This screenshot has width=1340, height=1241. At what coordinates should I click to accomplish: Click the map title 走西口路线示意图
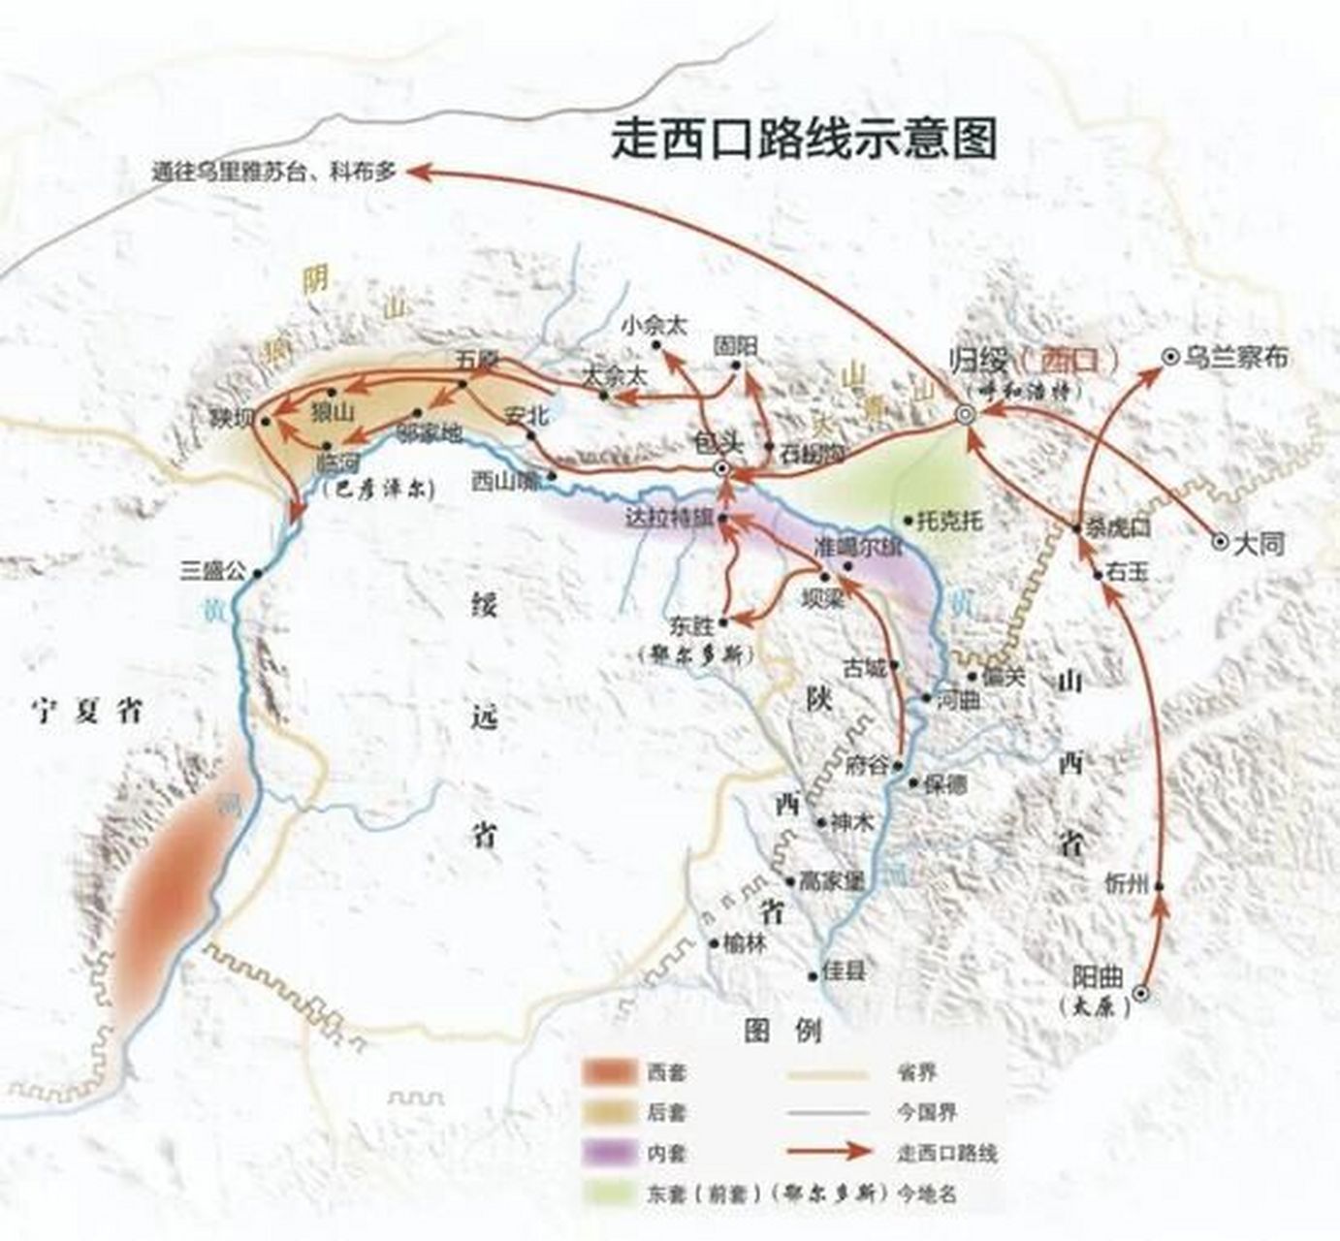pos(804,139)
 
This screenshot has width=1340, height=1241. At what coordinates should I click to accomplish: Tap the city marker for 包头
pos(721,469)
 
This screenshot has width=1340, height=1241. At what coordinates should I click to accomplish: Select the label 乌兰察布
pos(1236,357)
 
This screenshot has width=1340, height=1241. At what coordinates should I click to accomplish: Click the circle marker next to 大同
pos(1220,543)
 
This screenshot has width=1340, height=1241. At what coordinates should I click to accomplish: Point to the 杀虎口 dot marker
pos(1076,528)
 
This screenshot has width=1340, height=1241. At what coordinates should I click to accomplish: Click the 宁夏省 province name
pos(86,712)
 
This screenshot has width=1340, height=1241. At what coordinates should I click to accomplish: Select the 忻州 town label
pos(1127,884)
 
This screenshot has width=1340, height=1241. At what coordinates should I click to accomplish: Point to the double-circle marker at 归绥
pos(965,414)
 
